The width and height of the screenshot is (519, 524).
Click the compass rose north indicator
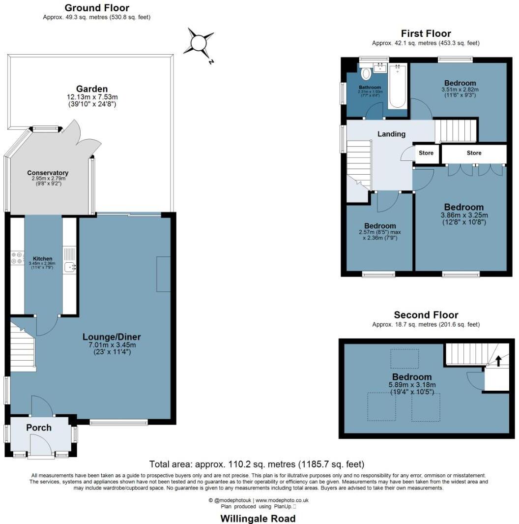pyautogui.click(x=199, y=43)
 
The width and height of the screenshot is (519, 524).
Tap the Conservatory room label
pyautogui.click(x=48, y=173)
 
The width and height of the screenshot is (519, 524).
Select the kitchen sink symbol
pyautogui.click(x=70, y=267)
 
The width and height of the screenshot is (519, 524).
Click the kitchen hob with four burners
pyautogui.click(x=17, y=258)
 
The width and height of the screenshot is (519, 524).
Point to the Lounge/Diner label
pyautogui.click(x=112, y=337)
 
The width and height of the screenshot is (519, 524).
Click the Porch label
pyautogui.click(x=39, y=428)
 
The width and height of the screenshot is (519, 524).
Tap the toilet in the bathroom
pyautogui.click(x=366, y=74)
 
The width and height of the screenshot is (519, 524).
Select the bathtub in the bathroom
pyautogui.click(x=397, y=86)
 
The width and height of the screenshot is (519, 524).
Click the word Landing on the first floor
pyautogui.click(x=391, y=134)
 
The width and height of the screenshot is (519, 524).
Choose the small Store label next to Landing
pyautogui.click(x=426, y=153)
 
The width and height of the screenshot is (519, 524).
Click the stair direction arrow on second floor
pyautogui.click(x=498, y=361)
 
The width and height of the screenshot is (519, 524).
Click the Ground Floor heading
pyautogui.click(x=97, y=8)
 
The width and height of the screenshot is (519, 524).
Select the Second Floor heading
pyautogui.click(x=426, y=315)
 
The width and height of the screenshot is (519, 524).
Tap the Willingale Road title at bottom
pyautogui.click(x=258, y=519)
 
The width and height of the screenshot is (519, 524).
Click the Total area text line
pyautogui.click(x=257, y=464)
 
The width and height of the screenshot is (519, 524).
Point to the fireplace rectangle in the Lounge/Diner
pyautogui.click(x=163, y=274)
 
